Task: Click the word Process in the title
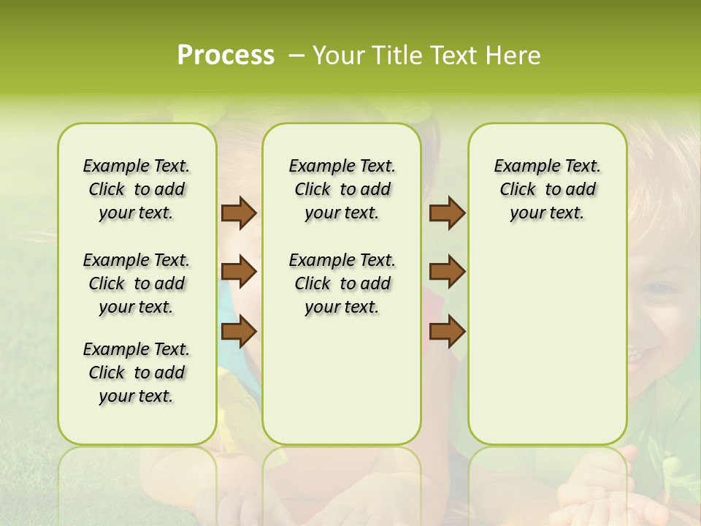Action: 226,56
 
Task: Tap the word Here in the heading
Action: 515,56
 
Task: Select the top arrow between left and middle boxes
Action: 239,213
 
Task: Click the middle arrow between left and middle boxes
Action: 239,272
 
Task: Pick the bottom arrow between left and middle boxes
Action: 239,331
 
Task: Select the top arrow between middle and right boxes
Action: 447,213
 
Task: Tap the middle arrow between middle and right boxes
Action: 447,272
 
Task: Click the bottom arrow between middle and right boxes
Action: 447,331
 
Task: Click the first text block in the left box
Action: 137,189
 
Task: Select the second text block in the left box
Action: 137,283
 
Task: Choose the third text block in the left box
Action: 137,373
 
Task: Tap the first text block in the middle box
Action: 342,189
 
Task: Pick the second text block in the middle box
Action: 342,283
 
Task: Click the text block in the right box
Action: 547,189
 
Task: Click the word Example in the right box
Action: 521,166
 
